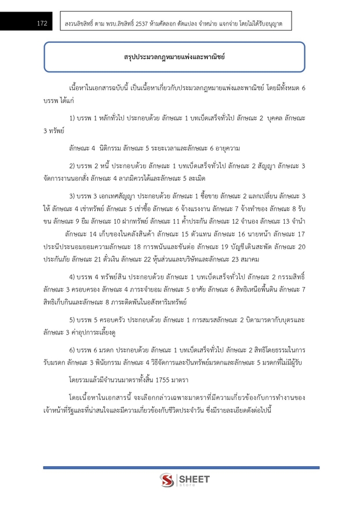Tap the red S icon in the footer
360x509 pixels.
[168, 480]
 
